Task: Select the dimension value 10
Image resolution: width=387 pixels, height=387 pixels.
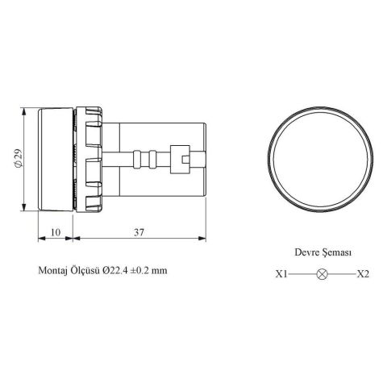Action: click(56, 231)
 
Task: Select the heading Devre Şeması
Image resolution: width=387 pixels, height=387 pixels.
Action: click(321, 252)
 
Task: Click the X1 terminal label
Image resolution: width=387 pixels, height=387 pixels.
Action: click(281, 274)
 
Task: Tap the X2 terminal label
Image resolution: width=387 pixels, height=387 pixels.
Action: click(362, 274)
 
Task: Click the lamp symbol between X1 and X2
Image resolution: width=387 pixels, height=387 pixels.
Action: click(322, 274)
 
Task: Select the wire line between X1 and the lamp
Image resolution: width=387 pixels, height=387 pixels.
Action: click(302, 274)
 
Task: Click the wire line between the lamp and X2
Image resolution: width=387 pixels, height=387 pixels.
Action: click(341, 274)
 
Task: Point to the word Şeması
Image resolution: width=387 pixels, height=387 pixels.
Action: click(337, 252)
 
